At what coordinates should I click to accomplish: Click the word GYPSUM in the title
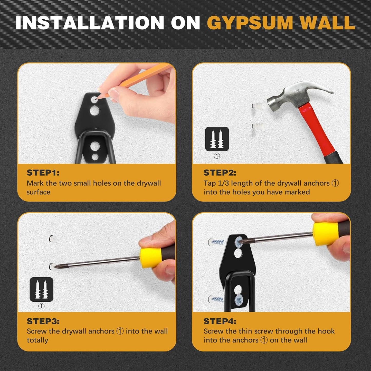[250, 23]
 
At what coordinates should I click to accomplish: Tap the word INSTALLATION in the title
[90, 23]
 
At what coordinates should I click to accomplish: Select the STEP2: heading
[220, 173]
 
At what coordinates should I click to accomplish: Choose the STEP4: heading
[220, 321]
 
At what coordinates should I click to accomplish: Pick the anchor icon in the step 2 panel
[217, 139]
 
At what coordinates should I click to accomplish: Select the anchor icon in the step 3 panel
[41, 289]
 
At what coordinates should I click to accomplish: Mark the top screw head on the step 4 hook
[239, 242]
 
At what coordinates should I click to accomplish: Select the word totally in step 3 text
[37, 340]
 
